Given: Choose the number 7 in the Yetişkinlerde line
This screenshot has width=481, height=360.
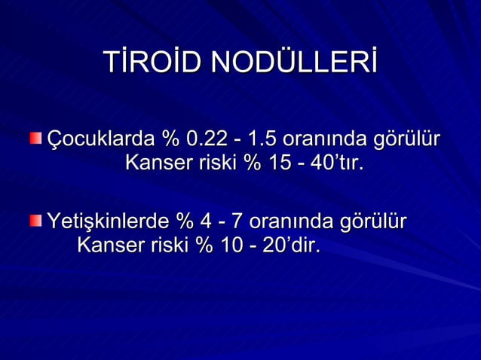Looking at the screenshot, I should tap(236, 222).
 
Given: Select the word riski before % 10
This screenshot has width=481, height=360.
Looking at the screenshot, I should tap(168, 245).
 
